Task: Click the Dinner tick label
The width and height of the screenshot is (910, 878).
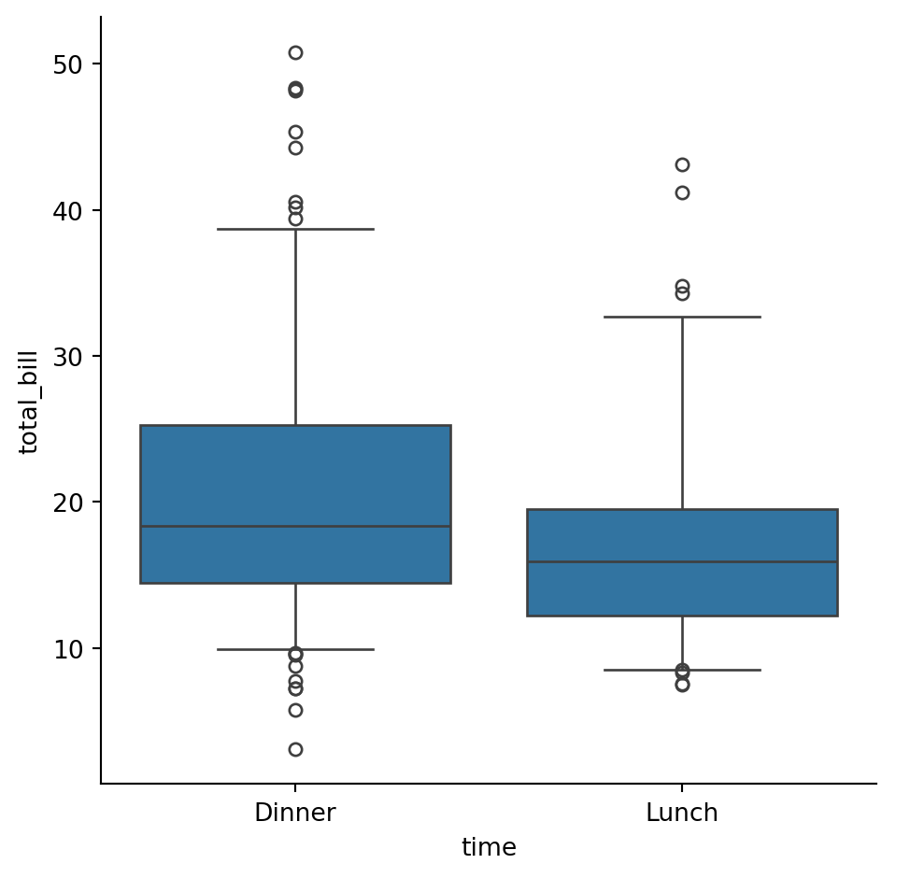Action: point(295,813)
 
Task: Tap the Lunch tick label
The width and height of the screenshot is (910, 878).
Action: point(682,813)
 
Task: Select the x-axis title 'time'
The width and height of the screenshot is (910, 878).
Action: point(489,847)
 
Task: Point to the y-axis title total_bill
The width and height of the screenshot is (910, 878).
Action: point(29,403)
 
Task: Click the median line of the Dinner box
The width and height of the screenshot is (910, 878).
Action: point(295,527)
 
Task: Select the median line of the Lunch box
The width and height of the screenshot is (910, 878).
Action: point(682,562)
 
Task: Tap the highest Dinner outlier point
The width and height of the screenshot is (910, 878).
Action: point(295,52)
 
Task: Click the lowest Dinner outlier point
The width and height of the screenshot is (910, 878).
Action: point(295,749)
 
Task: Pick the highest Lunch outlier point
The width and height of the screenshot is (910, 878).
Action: point(682,165)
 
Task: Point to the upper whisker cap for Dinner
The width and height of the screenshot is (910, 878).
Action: point(295,229)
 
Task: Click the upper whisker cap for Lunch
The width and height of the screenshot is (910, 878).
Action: point(682,318)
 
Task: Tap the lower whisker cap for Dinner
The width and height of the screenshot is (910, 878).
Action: point(295,649)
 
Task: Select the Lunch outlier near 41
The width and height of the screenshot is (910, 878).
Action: point(682,193)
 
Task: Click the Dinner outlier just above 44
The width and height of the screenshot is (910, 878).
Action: point(295,148)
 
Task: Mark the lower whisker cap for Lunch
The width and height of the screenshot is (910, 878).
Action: point(682,670)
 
